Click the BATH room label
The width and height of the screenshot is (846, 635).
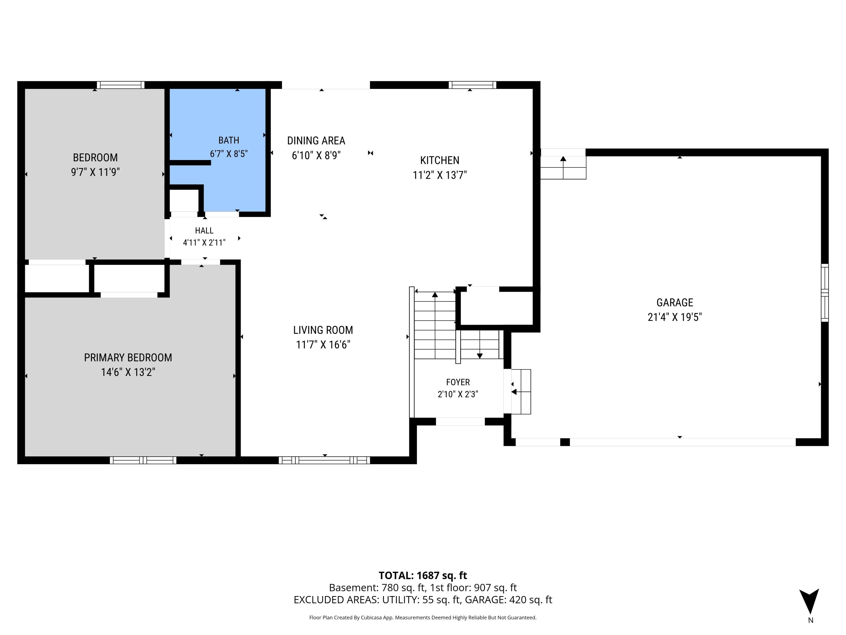coord(229,141)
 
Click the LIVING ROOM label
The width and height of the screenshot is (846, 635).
coord(323,330)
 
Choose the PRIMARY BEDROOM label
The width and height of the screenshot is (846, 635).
coord(128,358)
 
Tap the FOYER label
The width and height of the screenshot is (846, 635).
coord(458,382)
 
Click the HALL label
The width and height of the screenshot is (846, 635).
coord(204,230)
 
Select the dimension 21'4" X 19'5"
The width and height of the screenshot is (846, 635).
coord(675,317)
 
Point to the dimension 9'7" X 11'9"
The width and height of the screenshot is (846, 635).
coord(95,172)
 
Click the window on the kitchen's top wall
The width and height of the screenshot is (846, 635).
coord(472,85)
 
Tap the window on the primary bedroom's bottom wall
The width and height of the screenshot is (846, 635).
coord(143,460)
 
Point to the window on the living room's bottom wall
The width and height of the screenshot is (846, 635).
coord(324,460)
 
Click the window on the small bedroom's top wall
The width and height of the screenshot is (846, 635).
coord(120,85)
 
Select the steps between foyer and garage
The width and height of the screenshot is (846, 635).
coord(521,391)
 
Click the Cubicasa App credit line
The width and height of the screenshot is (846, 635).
coord(423,618)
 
